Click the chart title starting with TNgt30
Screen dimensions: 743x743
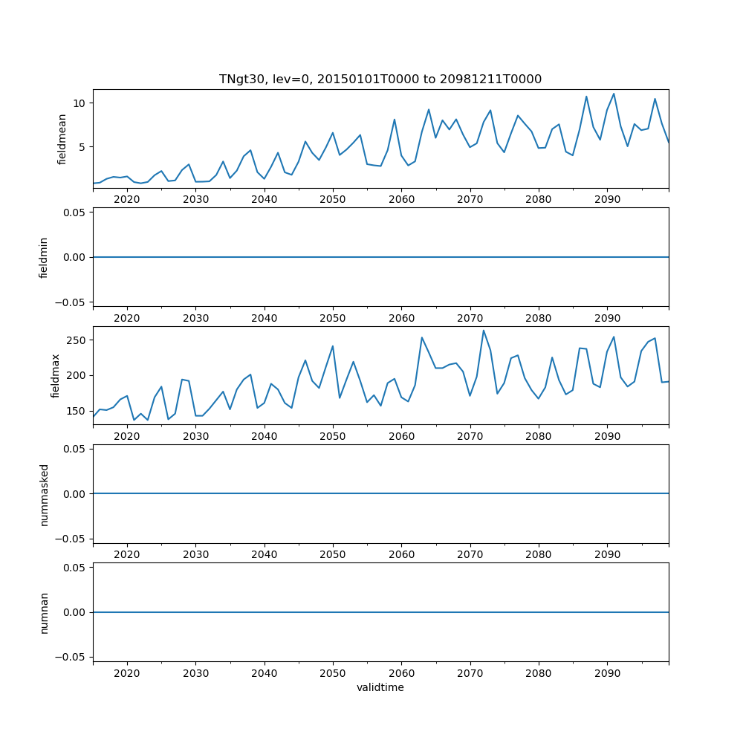tap(380, 79)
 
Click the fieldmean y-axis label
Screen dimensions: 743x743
tap(62, 139)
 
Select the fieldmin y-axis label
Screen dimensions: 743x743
tap(44, 257)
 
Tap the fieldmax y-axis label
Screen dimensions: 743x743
tap(56, 375)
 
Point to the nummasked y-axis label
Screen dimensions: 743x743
tap(44, 493)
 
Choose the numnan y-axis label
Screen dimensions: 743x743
tap(44, 612)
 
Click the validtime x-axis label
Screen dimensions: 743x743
tap(380, 687)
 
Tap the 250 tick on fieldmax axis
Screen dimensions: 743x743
tap(77, 340)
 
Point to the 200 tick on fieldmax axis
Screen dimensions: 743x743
tap(77, 375)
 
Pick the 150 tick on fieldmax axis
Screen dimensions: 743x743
tap(77, 411)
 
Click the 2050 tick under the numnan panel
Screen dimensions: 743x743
tap(333, 672)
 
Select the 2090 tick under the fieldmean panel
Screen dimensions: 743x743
tap(607, 199)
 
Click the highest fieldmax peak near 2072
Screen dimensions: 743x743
tap(484, 331)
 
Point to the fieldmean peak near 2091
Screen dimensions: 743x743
tap(614, 94)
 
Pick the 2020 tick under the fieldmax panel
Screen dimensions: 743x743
tap(127, 436)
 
